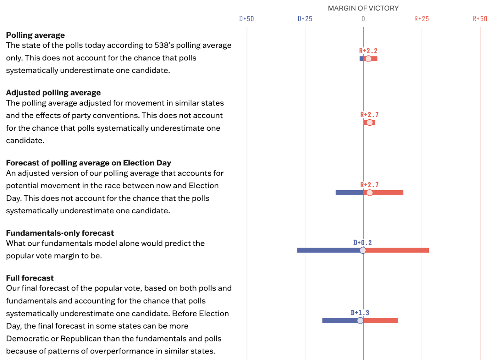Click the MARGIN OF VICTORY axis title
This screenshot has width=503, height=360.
click(363, 8)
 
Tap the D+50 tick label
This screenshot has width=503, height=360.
click(246, 19)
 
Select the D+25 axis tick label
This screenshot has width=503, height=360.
click(305, 19)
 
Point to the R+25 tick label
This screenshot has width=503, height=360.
click(421, 19)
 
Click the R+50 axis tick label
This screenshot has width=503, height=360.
click(480, 19)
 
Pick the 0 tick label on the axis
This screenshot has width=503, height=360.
click(363, 19)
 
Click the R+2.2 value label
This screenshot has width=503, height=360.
click(368, 51)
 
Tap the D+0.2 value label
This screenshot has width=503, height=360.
click(362, 243)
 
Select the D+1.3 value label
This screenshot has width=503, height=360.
click(360, 313)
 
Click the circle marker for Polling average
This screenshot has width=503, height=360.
click(368, 59)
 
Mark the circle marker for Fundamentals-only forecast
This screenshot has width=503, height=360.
click(363, 250)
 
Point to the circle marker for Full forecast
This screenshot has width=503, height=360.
click(360, 320)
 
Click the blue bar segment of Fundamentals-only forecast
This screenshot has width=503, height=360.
click(329, 250)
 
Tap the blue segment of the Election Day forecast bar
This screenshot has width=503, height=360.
click(349, 193)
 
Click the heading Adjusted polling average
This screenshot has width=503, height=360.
click(53, 93)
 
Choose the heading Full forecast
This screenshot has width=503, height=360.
click(30, 278)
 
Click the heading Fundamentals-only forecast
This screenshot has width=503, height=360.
click(60, 233)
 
